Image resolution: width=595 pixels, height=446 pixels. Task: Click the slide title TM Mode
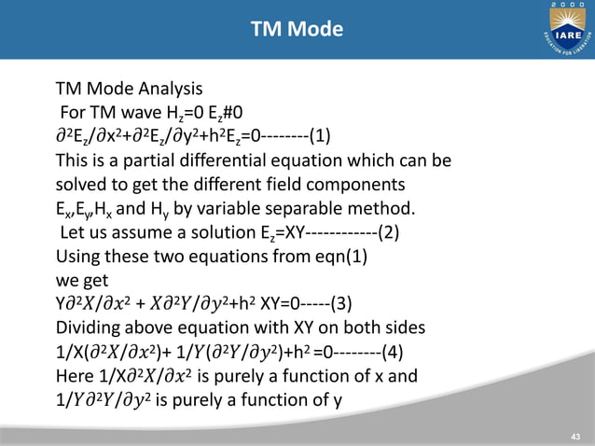click(x=297, y=30)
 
